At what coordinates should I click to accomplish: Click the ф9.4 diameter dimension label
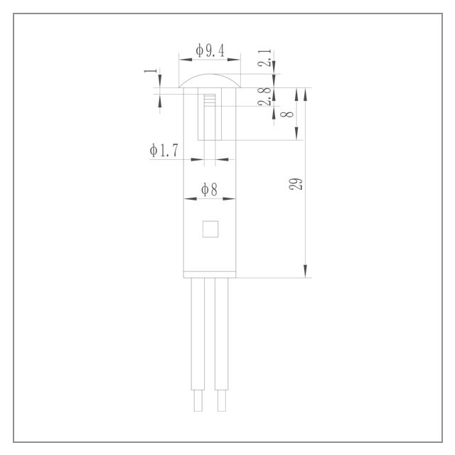point(210,50)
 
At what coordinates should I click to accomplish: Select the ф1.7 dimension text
point(164,150)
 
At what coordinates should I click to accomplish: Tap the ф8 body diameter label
point(209,190)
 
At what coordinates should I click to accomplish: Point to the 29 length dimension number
point(296,184)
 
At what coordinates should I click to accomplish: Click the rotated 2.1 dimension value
point(264,58)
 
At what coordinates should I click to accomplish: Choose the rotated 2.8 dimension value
point(264,97)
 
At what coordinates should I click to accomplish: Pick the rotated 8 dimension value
point(287,114)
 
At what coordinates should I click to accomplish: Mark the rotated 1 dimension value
point(151,70)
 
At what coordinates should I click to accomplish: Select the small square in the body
point(210,229)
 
